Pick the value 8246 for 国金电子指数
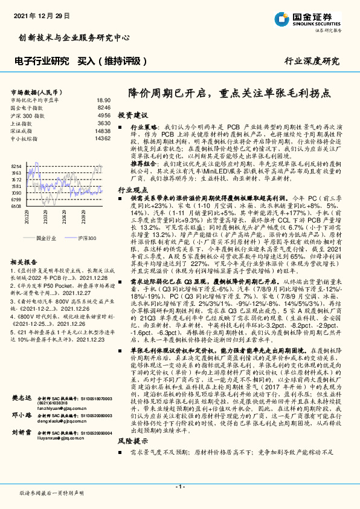click(104, 107)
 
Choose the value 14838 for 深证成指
click(102, 130)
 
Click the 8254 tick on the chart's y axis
click(16, 166)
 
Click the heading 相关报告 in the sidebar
click(25, 262)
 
